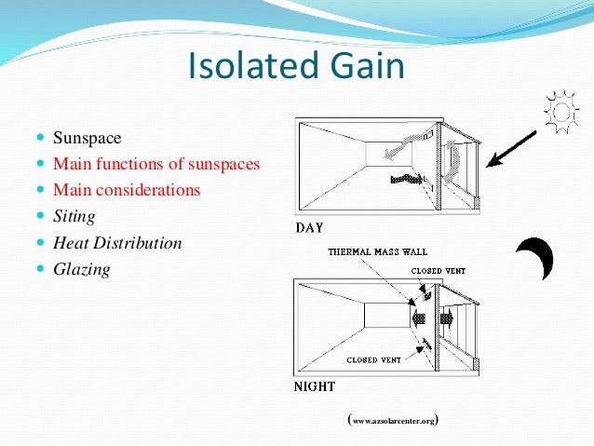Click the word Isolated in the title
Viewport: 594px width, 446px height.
pyautogui.click(x=250, y=67)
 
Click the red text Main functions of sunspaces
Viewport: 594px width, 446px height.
pyautogui.click(x=156, y=165)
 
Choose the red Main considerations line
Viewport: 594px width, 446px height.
pyautogui.click(x=127, y=191)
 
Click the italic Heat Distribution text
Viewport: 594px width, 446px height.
pyautogui.click(x=117, y=243)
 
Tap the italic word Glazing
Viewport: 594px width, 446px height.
pyautogui.click(x=82, y=269)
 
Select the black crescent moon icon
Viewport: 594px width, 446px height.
pyautogui.click(x=535, y=259)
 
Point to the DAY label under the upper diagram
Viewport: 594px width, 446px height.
pyautogui.click(x=311, y=226)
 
